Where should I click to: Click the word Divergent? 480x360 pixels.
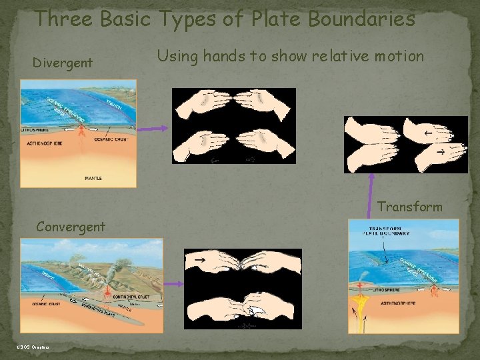click(x=63, y=63)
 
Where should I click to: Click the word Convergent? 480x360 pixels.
click(x=71, y=227)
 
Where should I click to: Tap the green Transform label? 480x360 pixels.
click(x=409, y=207)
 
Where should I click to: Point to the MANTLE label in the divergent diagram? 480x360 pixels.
click(x=93, y=179)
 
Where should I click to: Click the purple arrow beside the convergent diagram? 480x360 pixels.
click(x=173, y=284)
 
